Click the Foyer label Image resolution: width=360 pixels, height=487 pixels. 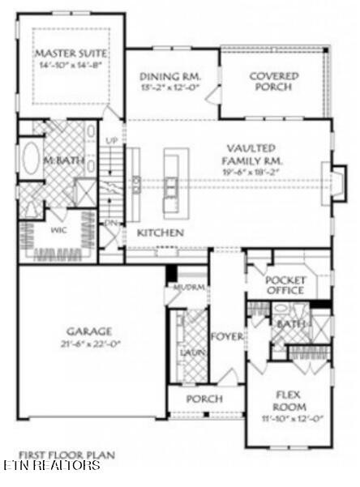point(226,336)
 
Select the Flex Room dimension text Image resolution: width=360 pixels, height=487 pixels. point(289,419)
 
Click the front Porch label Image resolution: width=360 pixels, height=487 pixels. point(204,399)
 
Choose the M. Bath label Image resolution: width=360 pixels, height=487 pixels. point(63,161)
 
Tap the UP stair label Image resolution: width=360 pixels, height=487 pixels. point(113,141)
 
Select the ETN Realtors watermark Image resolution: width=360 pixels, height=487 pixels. point(51,466)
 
